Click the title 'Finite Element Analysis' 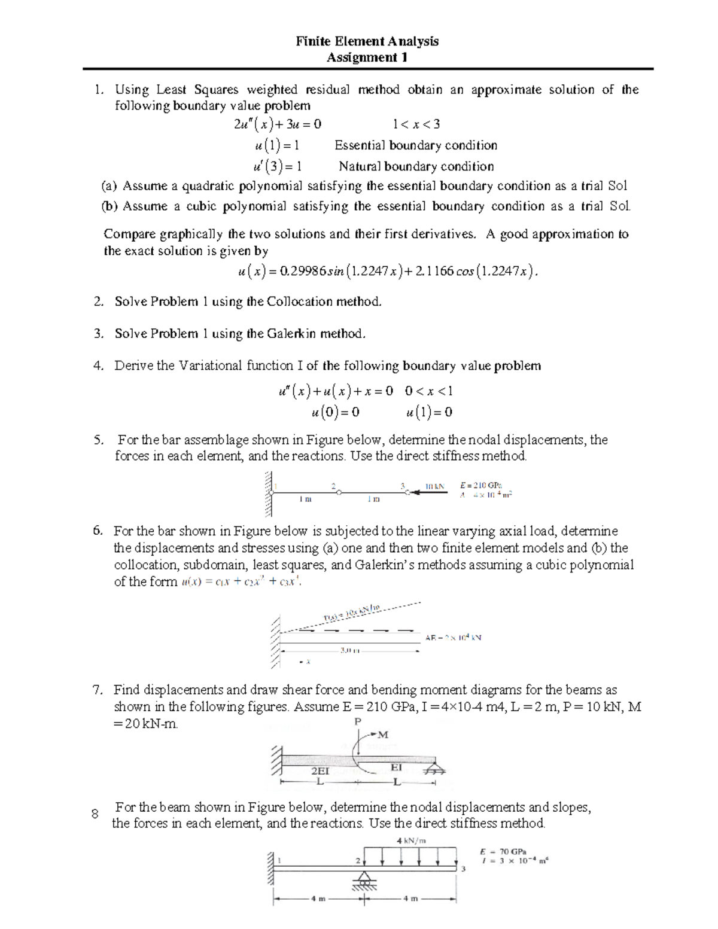pos(367,41)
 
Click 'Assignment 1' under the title pos(367,57)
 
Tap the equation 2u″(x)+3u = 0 pos(278,124)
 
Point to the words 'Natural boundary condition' pos(416,166)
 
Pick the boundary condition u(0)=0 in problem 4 pos(336,412)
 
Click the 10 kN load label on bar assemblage pos(435,486)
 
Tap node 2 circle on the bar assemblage pos(339,492)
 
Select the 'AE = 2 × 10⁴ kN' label pos(452,638)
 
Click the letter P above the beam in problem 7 pos(358,722)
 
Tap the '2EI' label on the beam pos(321,772)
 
